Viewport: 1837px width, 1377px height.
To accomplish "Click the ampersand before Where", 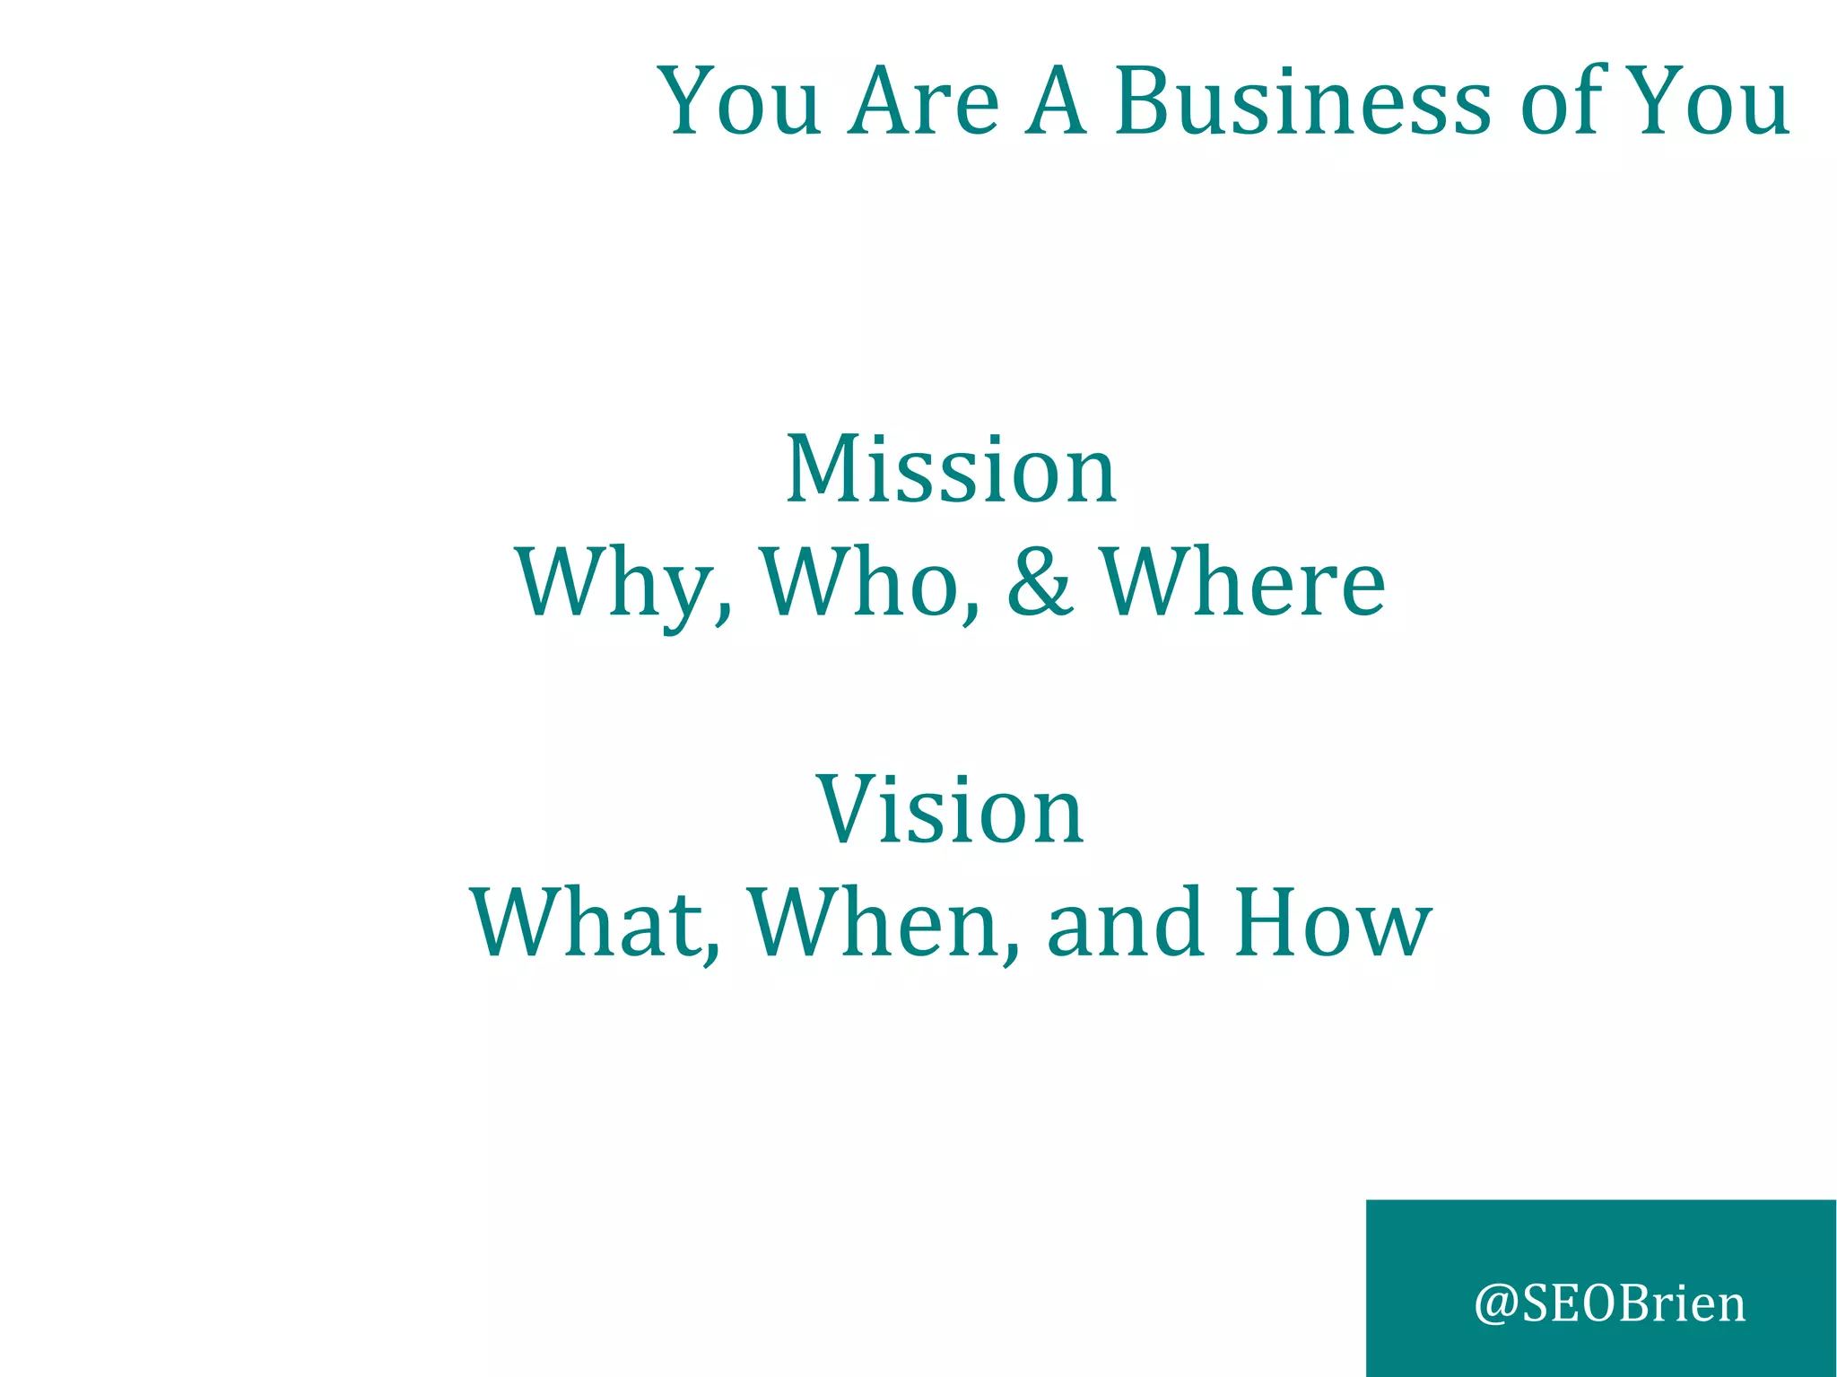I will [x=1039, y=583].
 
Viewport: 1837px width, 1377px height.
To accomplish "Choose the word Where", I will [x=1242, y=583].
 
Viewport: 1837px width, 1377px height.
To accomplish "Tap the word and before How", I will [x=1125, y=923].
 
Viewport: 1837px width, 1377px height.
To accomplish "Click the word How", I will [x=1333, y=923].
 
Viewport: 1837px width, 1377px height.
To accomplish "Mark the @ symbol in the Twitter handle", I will [x=1496, y=1305].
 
